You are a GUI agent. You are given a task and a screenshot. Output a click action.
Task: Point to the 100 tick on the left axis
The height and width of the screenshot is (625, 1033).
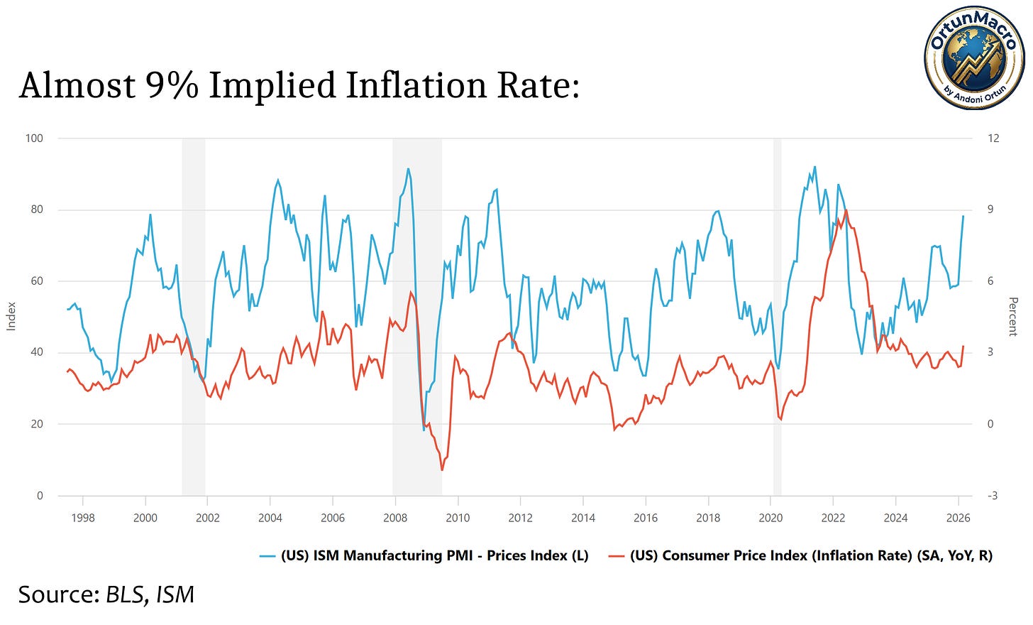pos(34,138)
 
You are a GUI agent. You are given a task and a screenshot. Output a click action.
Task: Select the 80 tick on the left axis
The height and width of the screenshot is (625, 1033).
pos(35,210)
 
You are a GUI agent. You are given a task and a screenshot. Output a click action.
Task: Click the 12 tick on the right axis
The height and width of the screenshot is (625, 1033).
pos(993,138)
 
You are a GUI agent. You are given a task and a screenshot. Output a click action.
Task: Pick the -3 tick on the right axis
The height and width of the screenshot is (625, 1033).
pos(992,496)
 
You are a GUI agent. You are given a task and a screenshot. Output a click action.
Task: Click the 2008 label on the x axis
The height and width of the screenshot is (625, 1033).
pos(395,518)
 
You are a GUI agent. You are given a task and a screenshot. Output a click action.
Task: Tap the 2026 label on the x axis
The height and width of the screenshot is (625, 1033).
pos(958,518)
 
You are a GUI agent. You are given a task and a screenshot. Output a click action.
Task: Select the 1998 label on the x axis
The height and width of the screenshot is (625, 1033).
pos(83,518)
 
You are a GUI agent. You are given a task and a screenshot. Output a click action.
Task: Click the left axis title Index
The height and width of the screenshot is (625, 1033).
pos(11,316)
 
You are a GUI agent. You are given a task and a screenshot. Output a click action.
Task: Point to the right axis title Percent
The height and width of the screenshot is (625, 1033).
pos(1013,316)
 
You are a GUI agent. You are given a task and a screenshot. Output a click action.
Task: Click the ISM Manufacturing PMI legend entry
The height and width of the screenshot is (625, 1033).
pos(426,555)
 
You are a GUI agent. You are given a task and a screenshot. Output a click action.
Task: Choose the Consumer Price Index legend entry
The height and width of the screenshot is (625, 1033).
pos(802,555)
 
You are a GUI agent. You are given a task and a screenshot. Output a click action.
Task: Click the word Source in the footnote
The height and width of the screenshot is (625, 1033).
pos(58,594)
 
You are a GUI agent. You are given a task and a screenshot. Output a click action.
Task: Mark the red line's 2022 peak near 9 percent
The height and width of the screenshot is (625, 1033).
pos(846,210)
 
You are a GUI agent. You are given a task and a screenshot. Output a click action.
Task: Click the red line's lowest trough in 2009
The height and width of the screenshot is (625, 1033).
pos(442,470)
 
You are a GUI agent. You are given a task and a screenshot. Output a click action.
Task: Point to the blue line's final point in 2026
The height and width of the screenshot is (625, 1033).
pos(963,216)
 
